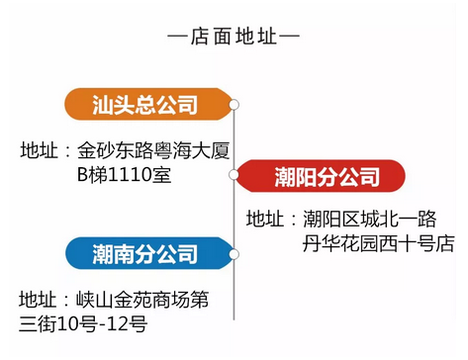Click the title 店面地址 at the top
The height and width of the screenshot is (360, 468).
(234, 37)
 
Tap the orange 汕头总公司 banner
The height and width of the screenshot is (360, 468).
(148, 105)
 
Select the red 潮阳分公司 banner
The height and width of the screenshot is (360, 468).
(321, 176)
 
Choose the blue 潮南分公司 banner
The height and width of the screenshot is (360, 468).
(149, 253)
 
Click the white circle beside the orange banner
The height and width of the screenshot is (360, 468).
(234, 105)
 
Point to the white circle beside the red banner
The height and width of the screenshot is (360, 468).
(234, 175)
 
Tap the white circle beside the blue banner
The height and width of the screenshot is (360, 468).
(234, 254)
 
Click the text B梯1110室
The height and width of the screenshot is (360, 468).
(124, 174)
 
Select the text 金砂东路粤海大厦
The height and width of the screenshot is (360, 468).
(153, 150)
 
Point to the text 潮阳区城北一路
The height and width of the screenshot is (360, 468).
(370, 219)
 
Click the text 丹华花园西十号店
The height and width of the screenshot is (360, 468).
(379, 243)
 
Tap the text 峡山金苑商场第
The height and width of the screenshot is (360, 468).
(142, 300)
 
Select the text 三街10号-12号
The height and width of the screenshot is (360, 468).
(83, 323)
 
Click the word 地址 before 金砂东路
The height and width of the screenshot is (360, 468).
(40, 150)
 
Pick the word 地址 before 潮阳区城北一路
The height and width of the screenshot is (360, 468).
(265, 219)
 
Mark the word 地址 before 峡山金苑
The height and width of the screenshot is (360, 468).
(38, 300)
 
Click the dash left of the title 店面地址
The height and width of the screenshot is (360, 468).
(178, 36)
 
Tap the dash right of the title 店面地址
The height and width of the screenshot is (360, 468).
(289, 36)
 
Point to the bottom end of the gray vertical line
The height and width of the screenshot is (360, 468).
(234, 319)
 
